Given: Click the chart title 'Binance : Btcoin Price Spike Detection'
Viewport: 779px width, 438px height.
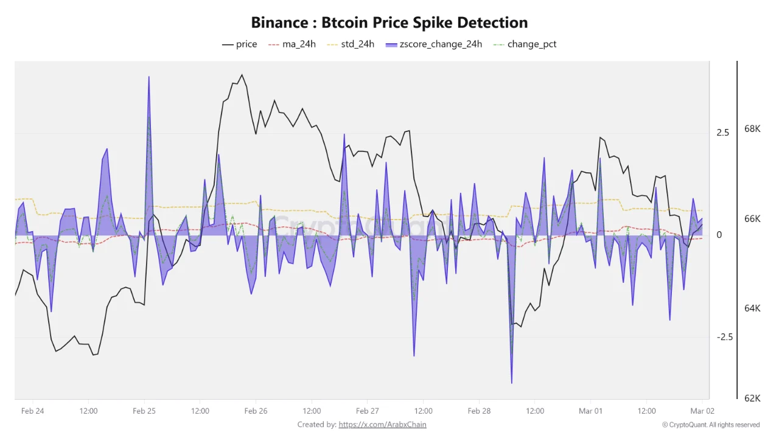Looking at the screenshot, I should pyautogui.click(x=389, y=23).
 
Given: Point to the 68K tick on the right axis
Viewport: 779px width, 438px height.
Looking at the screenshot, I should pyautogui.click(x=752, y=129).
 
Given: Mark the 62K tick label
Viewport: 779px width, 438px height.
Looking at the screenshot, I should pyautogui.click(x=752, y=398).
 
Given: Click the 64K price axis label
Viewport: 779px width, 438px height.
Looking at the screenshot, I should pyautogui.click(x=752, y=308).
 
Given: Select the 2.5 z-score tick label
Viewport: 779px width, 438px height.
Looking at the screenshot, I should pyautogui.click(x=722, y=133).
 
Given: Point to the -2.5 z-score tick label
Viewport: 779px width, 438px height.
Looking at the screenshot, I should pyautogui.click(x=724, y=337).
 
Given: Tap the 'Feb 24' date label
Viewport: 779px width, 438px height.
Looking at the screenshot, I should pyautogui.click(x=32, y=411).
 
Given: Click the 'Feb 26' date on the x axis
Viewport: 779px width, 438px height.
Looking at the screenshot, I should pyautogui.click(x=256, y=411).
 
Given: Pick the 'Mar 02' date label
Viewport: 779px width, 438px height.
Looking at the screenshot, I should pyautogui.click(x=702, y=411).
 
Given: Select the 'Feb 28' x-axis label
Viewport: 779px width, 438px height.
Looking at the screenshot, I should pyautogui.click(x=479, y=411).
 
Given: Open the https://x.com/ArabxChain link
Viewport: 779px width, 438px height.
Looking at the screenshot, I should pyautogui.click(x=382, y=425).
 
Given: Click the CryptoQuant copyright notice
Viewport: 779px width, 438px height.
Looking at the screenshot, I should pyautogui.click(x=710, y=425).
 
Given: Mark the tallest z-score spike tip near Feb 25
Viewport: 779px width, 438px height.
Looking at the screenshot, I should pyautogui.click(x=148, y=77).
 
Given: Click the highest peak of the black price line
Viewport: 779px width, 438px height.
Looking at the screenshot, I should pyautogui.click(x=242, y=75).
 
